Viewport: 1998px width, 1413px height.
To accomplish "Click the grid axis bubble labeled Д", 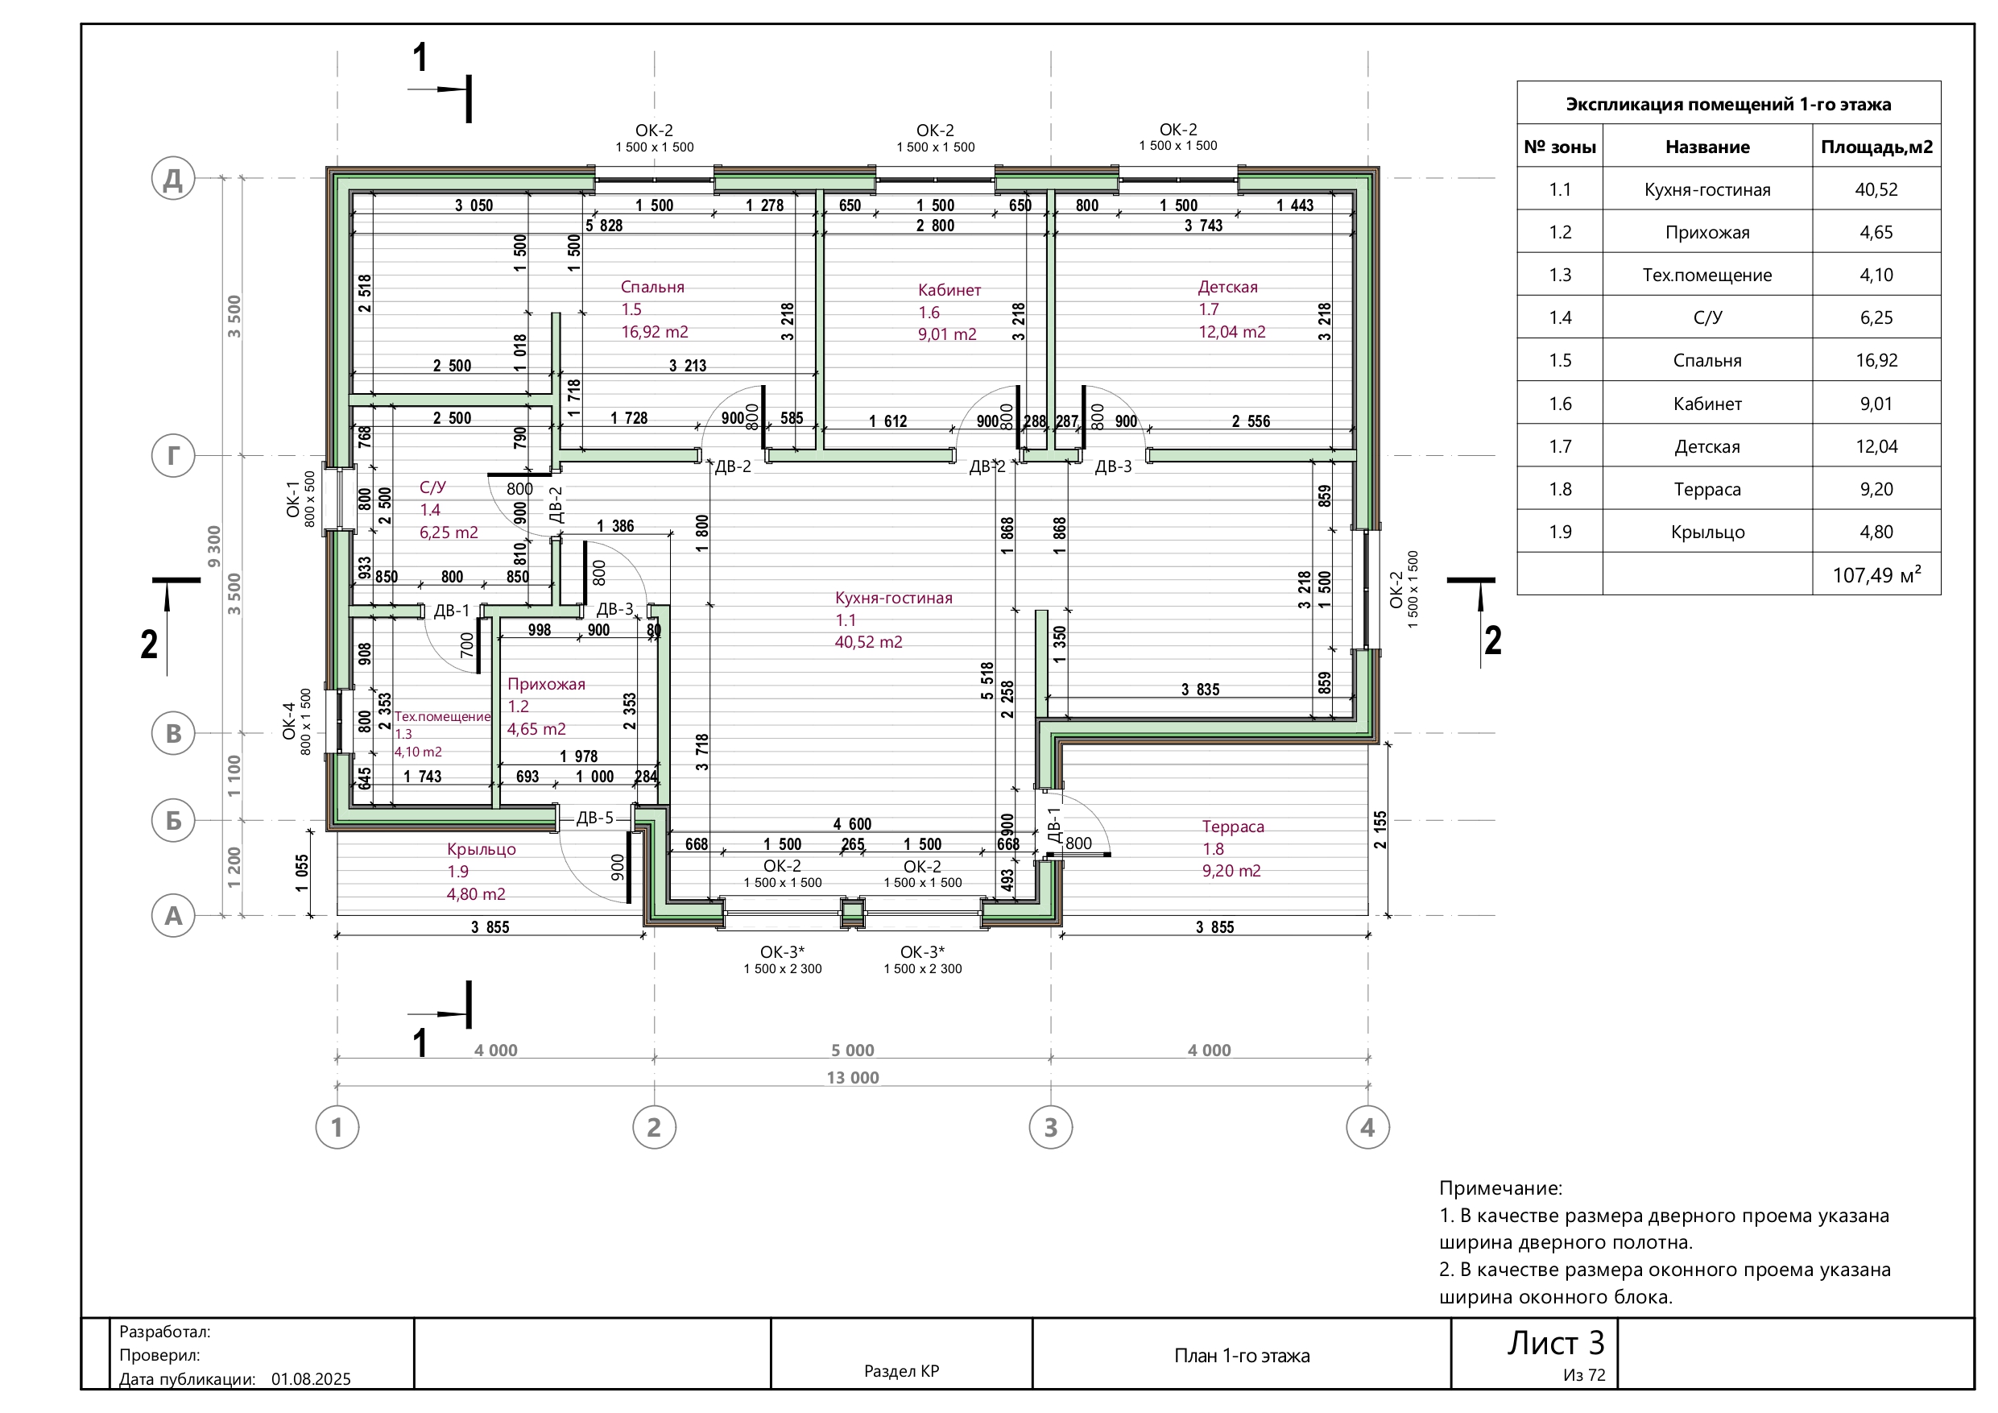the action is click(173, 179).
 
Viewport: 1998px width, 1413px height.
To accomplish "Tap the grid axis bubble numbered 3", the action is click(1050, 1128).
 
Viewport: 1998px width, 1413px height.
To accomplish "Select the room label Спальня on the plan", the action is click(652, 287).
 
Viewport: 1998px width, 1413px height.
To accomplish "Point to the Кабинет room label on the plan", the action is click(949, 290).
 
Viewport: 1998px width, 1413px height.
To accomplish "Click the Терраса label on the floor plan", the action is click(1233, 827).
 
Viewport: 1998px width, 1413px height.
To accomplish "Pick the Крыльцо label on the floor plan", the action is click(482, 849).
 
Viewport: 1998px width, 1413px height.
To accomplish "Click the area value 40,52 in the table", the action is click(1876, 190).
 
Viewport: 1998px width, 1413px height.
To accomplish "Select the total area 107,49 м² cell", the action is click(1877, 574).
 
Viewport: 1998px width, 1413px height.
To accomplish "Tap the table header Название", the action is click(1707, 147).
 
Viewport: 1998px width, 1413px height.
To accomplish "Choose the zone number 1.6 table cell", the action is click(1560, 404).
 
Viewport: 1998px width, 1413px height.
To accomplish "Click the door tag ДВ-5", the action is click(595, 818).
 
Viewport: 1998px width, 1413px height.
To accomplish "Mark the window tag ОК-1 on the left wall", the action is click(292, 499).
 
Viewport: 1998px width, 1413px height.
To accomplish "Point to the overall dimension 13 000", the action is click(853, 1078).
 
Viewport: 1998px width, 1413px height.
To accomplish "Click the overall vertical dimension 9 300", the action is click(214, 547).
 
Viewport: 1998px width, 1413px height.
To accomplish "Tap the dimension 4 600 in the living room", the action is click(852, 823).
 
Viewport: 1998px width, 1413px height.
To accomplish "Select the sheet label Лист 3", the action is click(1556, 1344).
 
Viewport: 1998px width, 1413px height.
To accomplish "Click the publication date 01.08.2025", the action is click(312, 1379).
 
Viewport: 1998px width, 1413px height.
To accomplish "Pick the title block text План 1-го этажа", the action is click(1242, 1356).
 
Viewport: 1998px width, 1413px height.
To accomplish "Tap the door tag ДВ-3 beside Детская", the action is click(1113, 466).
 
